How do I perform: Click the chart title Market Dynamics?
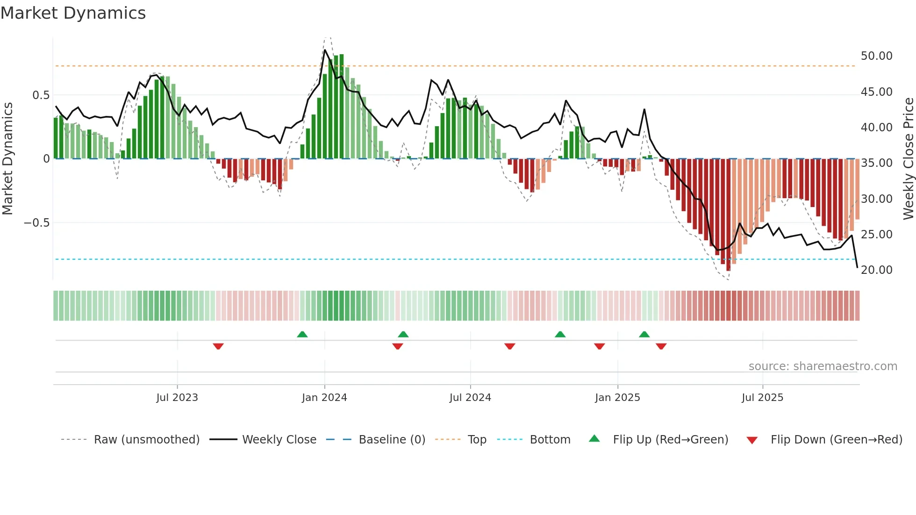click(73, 13)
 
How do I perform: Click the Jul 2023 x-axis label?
click(177, 398)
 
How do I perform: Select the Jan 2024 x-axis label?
click(324, 398)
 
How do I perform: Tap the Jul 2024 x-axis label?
click(470, 398)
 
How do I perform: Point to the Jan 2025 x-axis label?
click(617, 398)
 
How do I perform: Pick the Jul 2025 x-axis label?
click(762, 398)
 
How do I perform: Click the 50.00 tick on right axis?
click(876, 56)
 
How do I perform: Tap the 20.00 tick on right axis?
click(876, 270)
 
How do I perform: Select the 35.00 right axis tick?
click(876, 163)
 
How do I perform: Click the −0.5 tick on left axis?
click(36, 223)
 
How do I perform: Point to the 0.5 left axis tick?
click(41, 95)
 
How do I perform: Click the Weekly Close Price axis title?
click(908, 158)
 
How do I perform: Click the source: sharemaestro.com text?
click(823, 366)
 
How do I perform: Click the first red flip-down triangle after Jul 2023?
click(218, 346)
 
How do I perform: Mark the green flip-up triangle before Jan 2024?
click(302, 334)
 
